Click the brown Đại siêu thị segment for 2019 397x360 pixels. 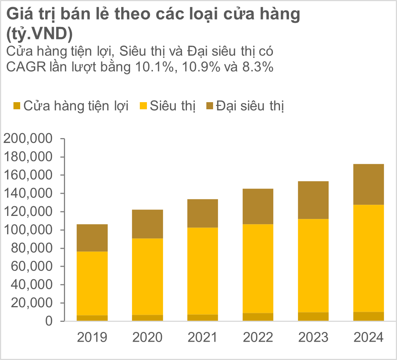(x=92, y=238)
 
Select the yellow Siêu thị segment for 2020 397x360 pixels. (x=147, y=277)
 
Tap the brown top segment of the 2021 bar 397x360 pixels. (x=203, y=213)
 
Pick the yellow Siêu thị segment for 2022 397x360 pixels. (x=258, y=268)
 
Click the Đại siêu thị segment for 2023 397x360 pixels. (x=313, y=200)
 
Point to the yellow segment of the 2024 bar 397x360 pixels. (x=369, y=258)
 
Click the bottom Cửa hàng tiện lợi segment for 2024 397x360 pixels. (x=369, y=316)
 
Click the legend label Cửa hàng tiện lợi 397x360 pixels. (x=76, y=106)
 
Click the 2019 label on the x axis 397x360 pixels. (x=92, y=338)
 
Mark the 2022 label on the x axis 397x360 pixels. (x=258, y=338)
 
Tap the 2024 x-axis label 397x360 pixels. (x=369, y=338)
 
